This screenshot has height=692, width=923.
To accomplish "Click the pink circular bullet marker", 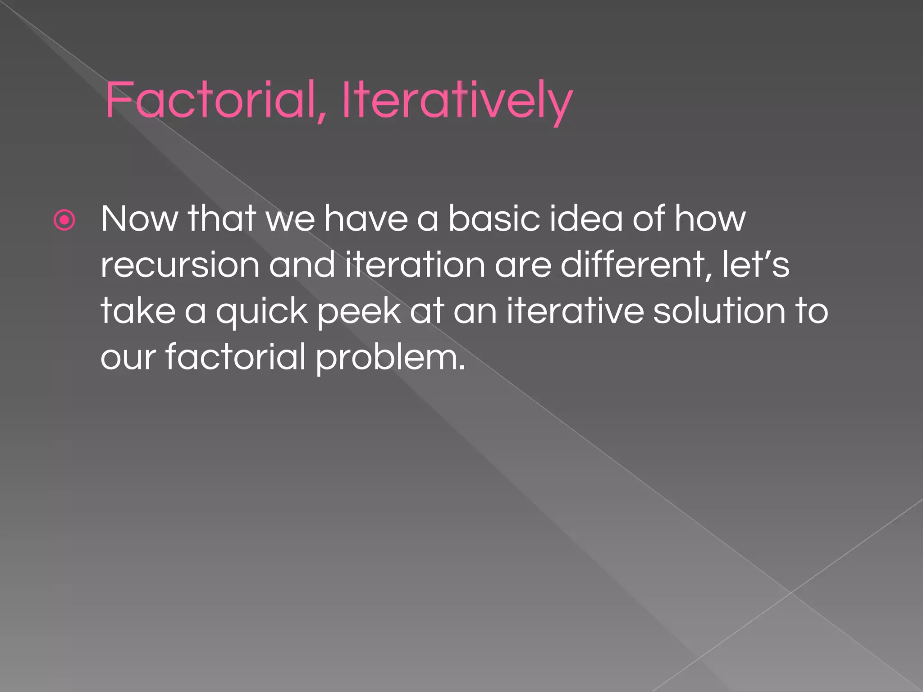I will pyautogui.click(x=64, y=220).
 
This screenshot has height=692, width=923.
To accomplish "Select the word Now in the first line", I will pyautogui.click(x=139, y=219).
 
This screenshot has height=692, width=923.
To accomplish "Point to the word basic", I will pyautogui.click(x=493, y=219).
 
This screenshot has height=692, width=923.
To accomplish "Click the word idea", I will pyautogui.click(x=586, y=219).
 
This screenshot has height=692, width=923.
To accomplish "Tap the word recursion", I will pyautogui.click(x=180, y=265).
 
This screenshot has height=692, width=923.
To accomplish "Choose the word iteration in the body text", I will pyautogui.click(x=415, y=265).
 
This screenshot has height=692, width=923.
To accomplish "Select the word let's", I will pyautogui.click(x=755, y=265).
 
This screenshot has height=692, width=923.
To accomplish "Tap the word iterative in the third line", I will pyautogui.click(x=575, y=311).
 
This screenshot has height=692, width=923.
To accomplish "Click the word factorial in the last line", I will pyautogui.click(x=236, y=357).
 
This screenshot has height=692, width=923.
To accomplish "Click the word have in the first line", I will pyautogui.click(x=366, y=219).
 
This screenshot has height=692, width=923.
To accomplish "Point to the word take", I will pyautogui.click(x=138, y=311).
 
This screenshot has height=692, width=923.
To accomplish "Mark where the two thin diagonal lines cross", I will pyautogui.click(x=791, y=593).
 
